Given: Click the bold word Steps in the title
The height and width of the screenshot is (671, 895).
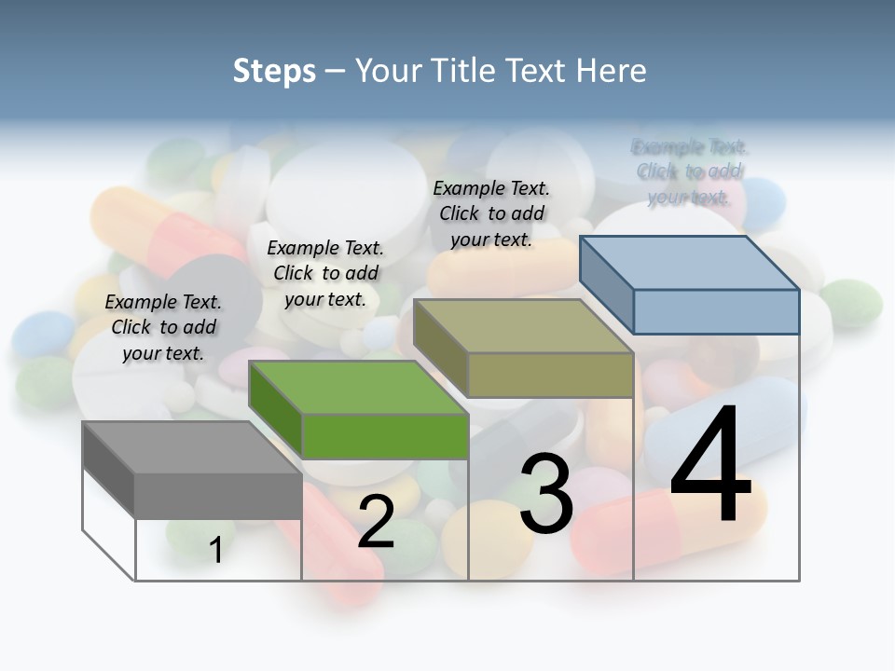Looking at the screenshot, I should point(274,71).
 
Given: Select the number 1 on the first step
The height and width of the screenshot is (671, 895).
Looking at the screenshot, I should point(216,550).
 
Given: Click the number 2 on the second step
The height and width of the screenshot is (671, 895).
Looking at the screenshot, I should point(376,523).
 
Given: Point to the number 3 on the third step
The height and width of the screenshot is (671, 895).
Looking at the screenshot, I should point(545,494).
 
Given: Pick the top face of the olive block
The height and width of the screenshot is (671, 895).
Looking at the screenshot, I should point(523,326).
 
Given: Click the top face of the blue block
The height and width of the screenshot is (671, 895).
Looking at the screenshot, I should point(689,263).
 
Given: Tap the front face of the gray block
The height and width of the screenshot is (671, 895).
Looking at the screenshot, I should point(218,495).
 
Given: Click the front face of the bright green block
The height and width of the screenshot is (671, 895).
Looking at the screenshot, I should point(384,436).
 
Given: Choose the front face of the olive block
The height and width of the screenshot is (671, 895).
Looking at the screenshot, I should point(550,375).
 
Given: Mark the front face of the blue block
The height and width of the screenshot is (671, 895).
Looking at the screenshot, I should point(716,311).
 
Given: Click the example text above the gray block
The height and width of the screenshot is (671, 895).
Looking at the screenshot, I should point(163,327).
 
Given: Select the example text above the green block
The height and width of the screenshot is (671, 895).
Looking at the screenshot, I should point(325,273).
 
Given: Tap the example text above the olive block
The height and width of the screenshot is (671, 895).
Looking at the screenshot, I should point(491,213).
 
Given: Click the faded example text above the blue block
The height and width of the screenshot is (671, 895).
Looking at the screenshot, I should point(689,171).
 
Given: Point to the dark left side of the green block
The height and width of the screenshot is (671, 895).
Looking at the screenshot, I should point(276,410).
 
